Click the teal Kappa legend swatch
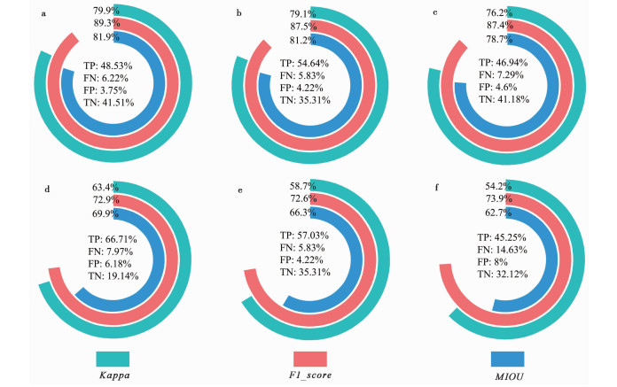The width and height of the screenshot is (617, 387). tap(113, 358)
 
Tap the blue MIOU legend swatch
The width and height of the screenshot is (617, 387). tap(507, 358)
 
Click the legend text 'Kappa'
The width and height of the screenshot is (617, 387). tap(113, 377)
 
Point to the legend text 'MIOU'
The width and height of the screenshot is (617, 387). tap(508, 377)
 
